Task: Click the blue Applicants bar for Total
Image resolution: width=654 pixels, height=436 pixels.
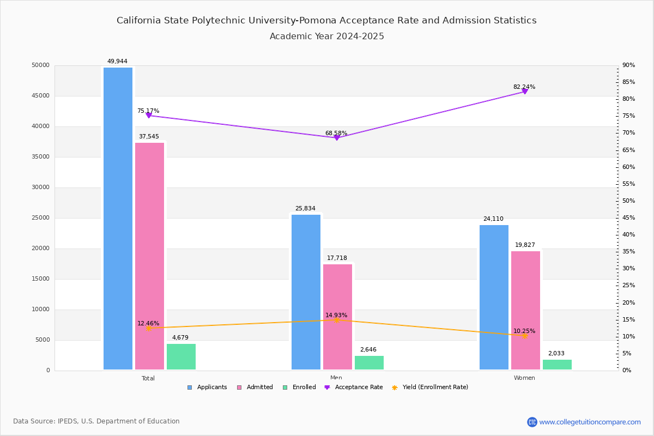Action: pyautogui.click(x=118, y=218)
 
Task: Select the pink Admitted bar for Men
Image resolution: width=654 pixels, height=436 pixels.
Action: pyautogui.click(x=337, y=317)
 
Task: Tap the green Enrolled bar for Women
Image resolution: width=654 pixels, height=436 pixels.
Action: pyautogui.click(x=557, y=365)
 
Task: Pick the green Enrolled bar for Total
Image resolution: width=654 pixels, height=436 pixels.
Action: pyautogui.click(x=181, y=356)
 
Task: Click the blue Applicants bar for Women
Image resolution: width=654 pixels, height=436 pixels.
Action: pyautogui.click(x=494, y=297)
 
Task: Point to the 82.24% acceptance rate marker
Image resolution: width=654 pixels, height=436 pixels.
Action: pyautogui.click(x=525, y=91)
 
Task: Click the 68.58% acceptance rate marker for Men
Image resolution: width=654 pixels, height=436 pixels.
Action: pyautogui.click(x=336, y=138)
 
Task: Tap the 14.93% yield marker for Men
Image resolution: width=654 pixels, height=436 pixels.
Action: pyautogui.click(x=336, y=320)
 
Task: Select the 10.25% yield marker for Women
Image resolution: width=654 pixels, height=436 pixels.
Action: pyautogui.click(x=525, y=336)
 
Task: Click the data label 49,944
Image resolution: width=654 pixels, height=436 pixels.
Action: pyautogui.click(x=117, y=62)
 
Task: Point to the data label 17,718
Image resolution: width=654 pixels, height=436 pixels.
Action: pyautogui.click(x=337, y=258)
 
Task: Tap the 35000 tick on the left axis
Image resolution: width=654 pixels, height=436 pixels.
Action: pyautogui.click(x=41, y=157)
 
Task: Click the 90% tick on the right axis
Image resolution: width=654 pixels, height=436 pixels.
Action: pyautogui.click(x=629, y=65)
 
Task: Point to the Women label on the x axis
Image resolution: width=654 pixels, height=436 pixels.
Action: pyautogui.click(x=524, y=378)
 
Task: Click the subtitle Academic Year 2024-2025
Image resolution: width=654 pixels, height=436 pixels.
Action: pyautogui.click(x=327, y=37)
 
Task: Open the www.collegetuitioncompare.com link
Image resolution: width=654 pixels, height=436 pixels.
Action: pyautogui.click(x=590, y=422)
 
